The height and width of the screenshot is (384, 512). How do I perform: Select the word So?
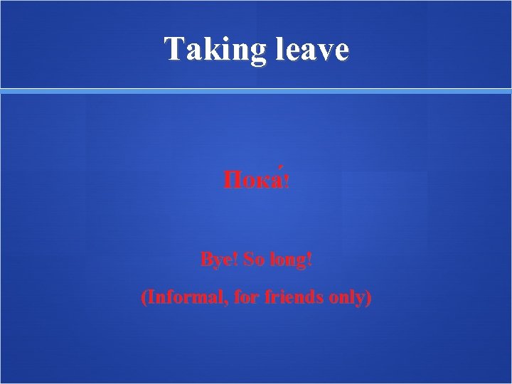(x=253, y=260)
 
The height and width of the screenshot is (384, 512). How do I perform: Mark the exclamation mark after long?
(x=309, y=260)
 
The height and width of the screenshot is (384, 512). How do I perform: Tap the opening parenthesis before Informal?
(x=144, y=298)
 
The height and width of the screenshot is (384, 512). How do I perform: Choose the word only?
(x=346, y=299)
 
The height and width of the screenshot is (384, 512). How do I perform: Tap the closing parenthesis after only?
(x=368, y=298)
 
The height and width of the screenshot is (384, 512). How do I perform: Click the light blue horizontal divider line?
(x=256, y=91)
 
